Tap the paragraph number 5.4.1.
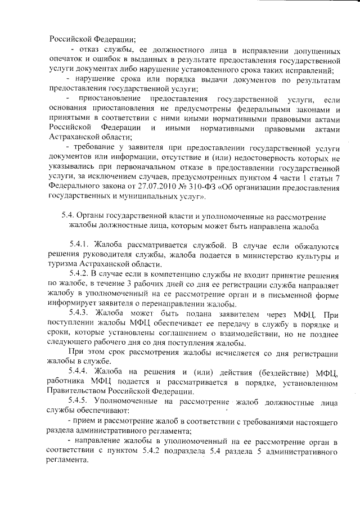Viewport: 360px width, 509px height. pos(80,245)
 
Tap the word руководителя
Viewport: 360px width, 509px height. pos(106,256)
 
